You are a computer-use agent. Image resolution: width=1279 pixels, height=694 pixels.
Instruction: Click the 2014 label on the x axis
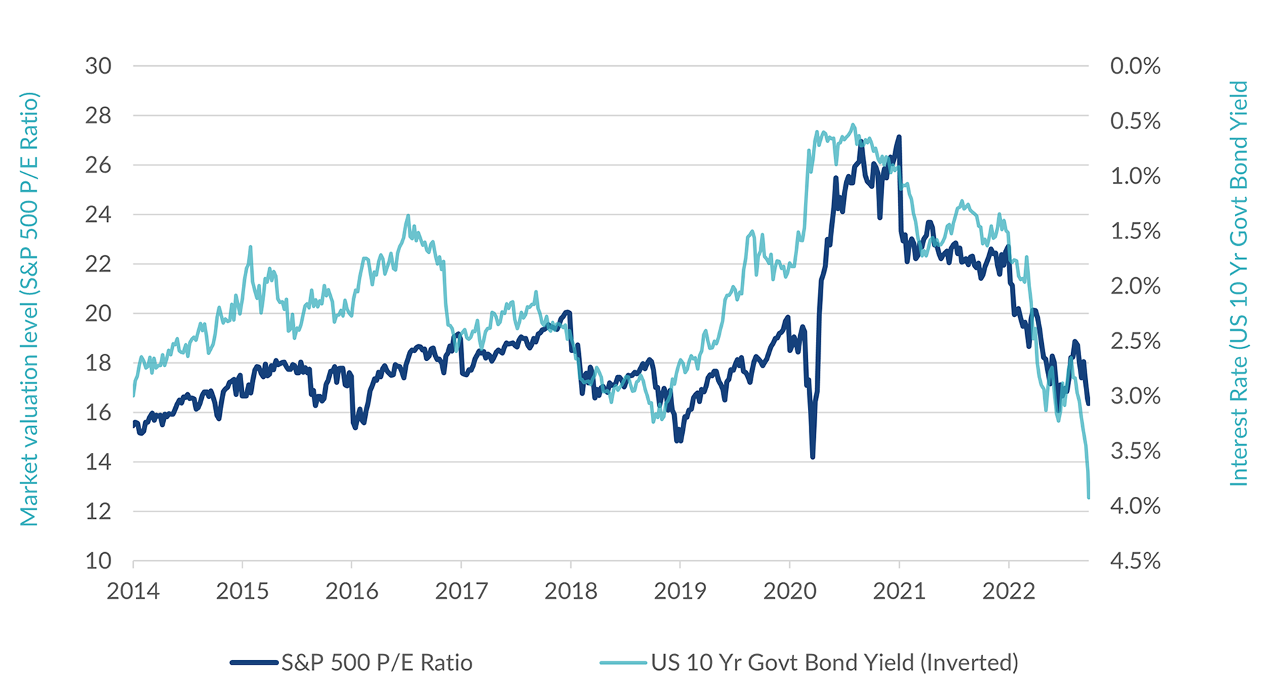(x=133, y=591)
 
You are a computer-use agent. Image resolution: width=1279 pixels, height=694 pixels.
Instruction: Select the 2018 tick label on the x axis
(x=571, y=591)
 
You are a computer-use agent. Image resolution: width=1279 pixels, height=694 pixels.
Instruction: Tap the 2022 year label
(x=1009, y=591)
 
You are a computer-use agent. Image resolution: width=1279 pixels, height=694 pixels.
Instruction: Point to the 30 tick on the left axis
(x=98, y=66)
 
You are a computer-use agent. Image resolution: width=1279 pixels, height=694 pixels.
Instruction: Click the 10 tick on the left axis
(x=98, y=561)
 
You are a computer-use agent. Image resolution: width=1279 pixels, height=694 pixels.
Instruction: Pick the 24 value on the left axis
(x=98, y=214)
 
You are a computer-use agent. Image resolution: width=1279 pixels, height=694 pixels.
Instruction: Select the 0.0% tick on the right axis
(x=1135, y=66)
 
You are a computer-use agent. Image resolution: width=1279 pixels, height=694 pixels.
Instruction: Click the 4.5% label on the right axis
(x=1135, y=561)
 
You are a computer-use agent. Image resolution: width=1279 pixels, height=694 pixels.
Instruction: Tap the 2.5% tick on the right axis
(x=1135, y=341)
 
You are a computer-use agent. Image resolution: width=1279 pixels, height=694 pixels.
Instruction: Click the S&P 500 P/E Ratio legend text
(x=377, y=663)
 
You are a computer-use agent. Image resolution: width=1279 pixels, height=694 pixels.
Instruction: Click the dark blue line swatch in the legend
(x=254, y=663)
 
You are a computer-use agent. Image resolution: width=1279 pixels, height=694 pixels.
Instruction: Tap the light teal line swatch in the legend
(x=624, y=663)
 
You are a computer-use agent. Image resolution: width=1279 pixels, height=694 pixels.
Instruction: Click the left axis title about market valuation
(x=29, y=309)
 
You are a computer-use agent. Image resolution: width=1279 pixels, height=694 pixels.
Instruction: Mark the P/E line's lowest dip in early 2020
(x=813, y=457)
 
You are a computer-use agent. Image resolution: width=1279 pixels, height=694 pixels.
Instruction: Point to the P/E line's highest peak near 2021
(x=899, y=137)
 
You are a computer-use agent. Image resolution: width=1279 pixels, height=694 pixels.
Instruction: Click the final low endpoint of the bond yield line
(x=1088, y=497)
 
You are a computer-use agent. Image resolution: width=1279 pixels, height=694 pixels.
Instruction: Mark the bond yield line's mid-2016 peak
(x=408, y=216)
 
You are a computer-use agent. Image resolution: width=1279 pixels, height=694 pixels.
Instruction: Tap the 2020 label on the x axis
(x=789, y=591)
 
